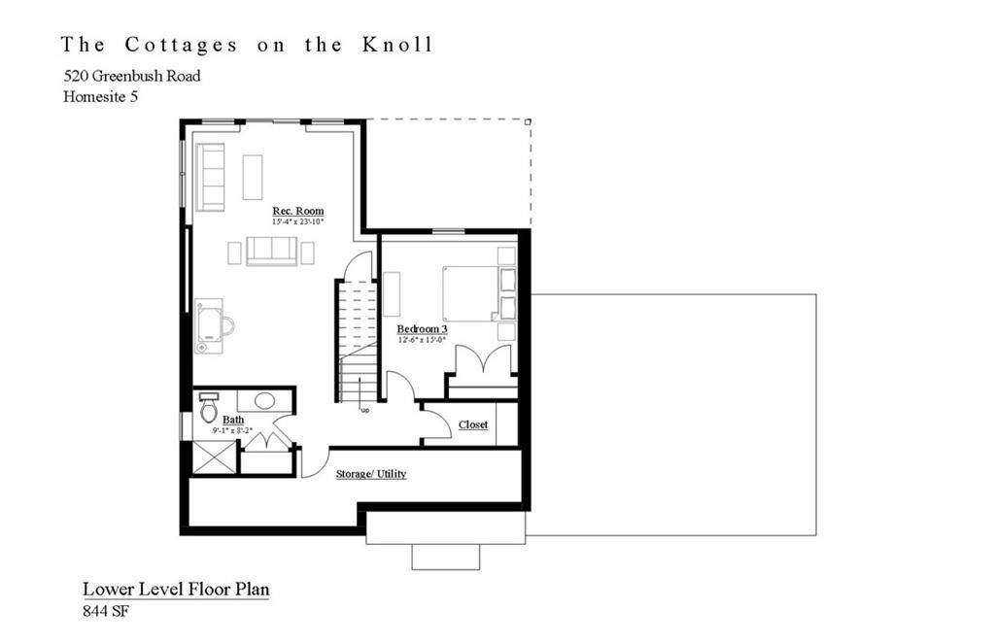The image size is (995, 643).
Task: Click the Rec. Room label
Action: click(x=297, y=211)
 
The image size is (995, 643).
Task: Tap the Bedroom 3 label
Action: click(x=421, y=329)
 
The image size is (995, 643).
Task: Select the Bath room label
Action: click(x=233, y=420)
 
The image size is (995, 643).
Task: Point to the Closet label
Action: click(x=472, y=424)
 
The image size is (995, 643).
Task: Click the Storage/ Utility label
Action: click(x=370, y=474)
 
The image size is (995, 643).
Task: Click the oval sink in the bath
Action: click(x=263, y=399)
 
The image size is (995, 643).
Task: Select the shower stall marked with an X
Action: click(x=214, y=457)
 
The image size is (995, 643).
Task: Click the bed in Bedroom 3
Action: click(x=470, y=292)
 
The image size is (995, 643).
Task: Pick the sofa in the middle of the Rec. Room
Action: click(x=271, y=251)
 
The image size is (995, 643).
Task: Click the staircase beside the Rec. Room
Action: click(x=358, y=340)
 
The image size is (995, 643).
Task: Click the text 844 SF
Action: click(x=105, y=612)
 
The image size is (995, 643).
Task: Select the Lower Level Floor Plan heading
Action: click(x=175, y=589)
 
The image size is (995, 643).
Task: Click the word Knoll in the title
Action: click(x=400, y=45)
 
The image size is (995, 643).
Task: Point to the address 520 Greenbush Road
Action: click(x=132, y=76)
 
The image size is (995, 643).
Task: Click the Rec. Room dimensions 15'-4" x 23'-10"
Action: click(x=297, y=222)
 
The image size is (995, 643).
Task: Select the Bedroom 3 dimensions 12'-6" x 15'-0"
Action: click(x=421, y=340)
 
